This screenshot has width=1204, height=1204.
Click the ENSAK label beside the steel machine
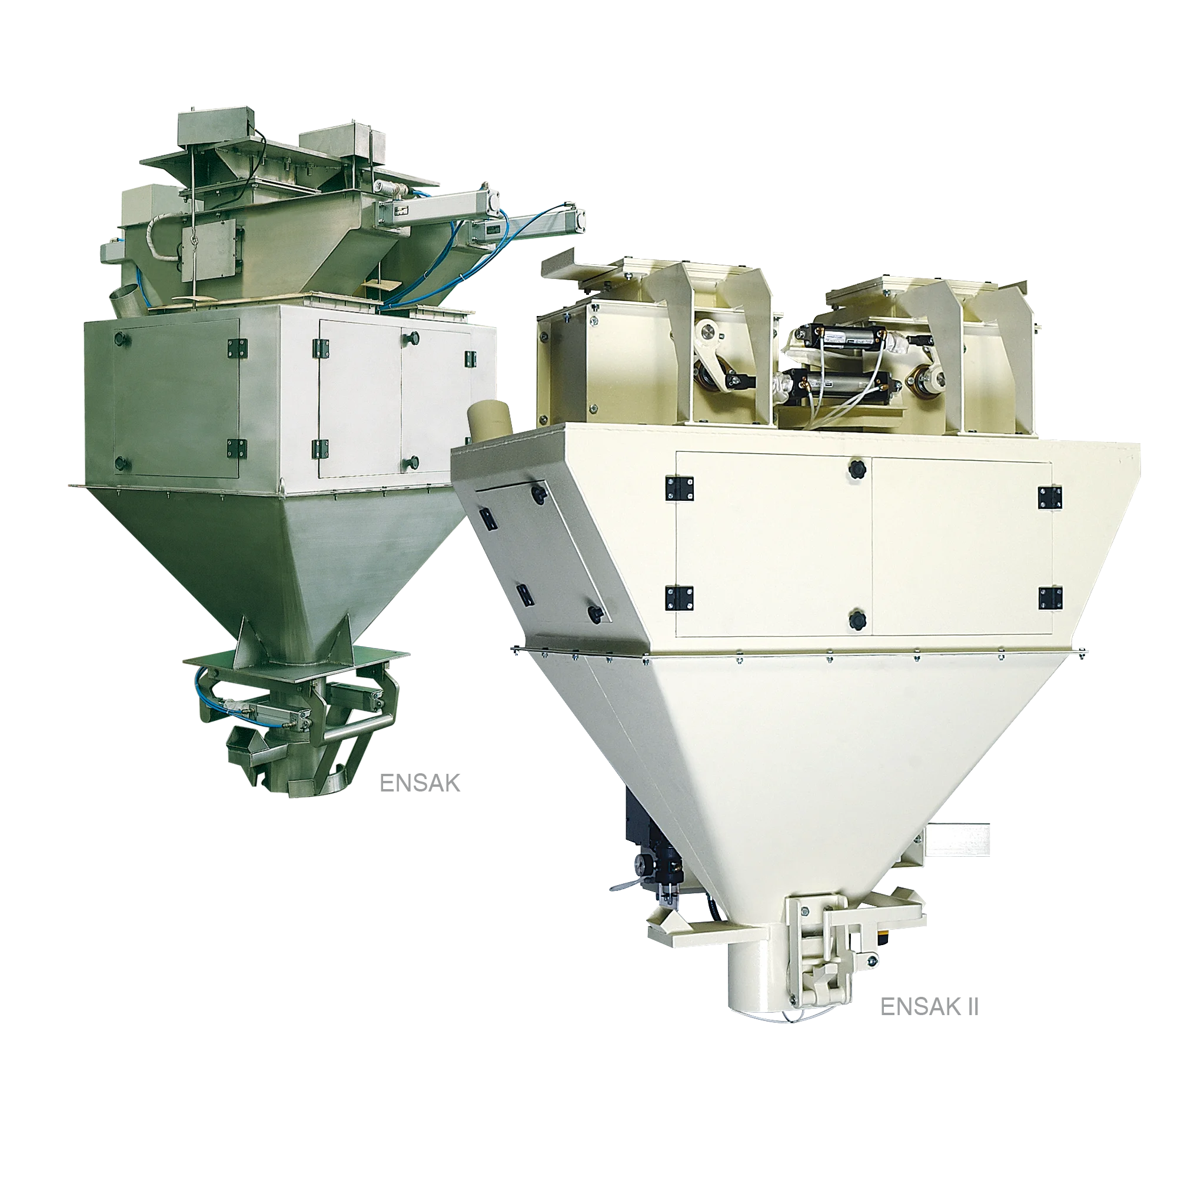[420, 783]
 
